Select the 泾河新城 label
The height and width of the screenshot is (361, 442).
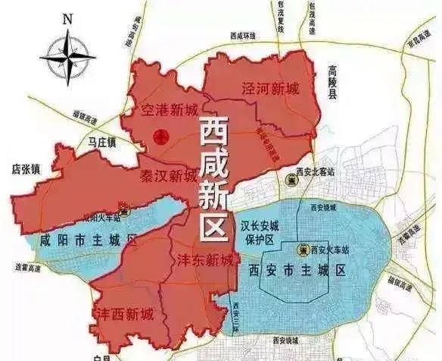pyautogui.click(x=270, y=88)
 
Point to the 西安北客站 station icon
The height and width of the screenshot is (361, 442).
pyautogui.click(x=293, y=180)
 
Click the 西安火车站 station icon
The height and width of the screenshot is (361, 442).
pyautogui.click(x=302, y=250)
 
